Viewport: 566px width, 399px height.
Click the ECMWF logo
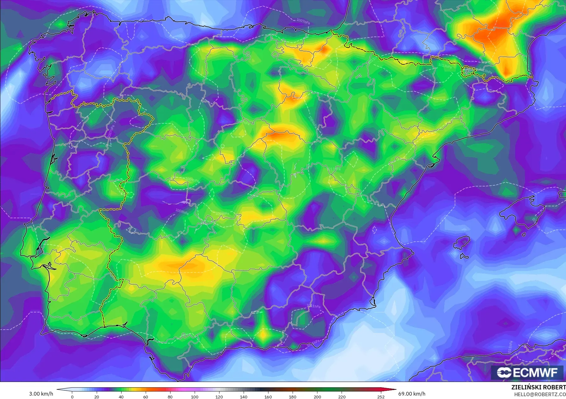tap(527, 372)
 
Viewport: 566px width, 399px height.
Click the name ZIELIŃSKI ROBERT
tap(538, 388)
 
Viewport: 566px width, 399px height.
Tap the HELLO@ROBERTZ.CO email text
tap(540, 394)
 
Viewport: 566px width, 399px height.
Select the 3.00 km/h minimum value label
tap(41, 394)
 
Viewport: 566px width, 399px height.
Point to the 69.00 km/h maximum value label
tap(412, 394)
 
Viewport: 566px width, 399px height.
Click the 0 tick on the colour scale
tap(72, 397)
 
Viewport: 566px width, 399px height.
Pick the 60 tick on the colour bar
tap(145, 397)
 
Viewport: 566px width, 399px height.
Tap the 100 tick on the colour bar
tap(194, 397)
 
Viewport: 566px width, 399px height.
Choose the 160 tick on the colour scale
tap(268, 397)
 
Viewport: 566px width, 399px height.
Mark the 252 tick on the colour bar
tap(381, 397)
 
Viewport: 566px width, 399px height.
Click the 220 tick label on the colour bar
tap(342, 397)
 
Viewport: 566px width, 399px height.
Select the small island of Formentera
tap(464, 256)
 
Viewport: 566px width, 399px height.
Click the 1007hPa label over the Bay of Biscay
tap(303, 21)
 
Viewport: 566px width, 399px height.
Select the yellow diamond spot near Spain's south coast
tap(263, 334)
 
